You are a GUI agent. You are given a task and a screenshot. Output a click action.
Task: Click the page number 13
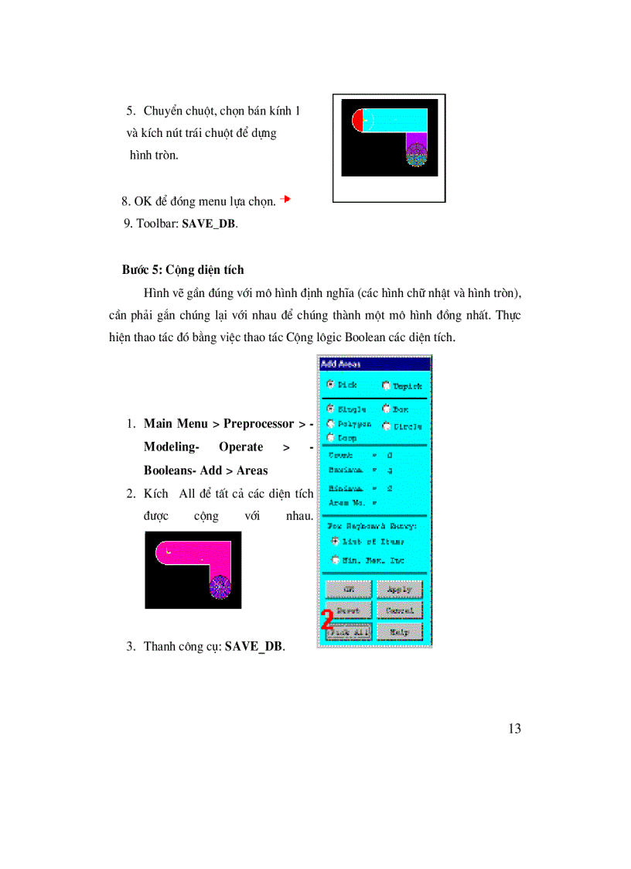click(515, 728)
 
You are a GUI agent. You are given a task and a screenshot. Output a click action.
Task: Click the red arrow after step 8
click(285, 200)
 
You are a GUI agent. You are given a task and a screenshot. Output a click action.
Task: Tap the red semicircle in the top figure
click(357, 120)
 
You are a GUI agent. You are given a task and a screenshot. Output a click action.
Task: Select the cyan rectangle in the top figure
click(395, 119)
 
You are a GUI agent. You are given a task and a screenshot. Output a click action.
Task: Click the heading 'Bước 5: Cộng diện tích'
click(182, 270)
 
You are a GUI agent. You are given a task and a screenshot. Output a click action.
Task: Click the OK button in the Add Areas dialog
click(348, 590)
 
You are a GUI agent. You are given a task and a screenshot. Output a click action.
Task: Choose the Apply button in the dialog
click(399, 590)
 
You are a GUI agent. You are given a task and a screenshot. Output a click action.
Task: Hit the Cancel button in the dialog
click(399, 611)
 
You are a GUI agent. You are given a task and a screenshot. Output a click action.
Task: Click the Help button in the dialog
click(399, 631)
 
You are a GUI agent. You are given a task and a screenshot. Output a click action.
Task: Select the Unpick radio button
click(386, 385)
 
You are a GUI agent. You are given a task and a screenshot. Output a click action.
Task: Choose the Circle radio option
click(386, 426)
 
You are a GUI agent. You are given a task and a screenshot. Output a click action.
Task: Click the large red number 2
click(327, 620)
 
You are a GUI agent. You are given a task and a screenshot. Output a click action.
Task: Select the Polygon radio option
click(331, 423)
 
